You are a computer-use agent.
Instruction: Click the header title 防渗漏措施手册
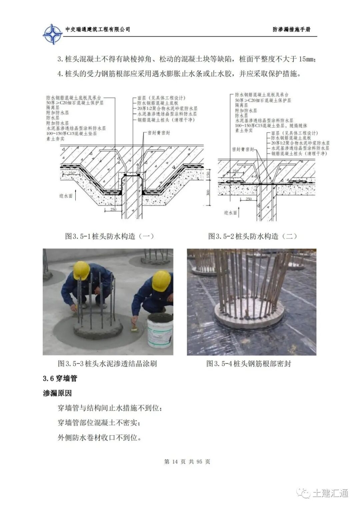(291, 30)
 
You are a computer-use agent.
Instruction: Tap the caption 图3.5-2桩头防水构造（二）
(252, 236)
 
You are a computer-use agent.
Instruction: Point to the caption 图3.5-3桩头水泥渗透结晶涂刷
(107, 363)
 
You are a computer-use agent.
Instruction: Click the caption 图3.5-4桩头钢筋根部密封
(249, 363)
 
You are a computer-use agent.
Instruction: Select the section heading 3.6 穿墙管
(60, 378)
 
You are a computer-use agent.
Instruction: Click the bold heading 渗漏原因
(57, 393)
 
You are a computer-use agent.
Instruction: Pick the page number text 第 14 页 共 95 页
(187, 462)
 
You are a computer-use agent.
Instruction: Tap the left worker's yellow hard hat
(81, 270)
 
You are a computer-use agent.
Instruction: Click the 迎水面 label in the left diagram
(66, 196)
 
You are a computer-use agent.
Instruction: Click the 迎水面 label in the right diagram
(230, 212)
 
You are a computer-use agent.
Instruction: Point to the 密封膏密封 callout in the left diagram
(159, 133)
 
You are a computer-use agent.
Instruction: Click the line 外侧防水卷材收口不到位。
(99, 438)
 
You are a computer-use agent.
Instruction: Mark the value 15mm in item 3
(306, 59)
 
